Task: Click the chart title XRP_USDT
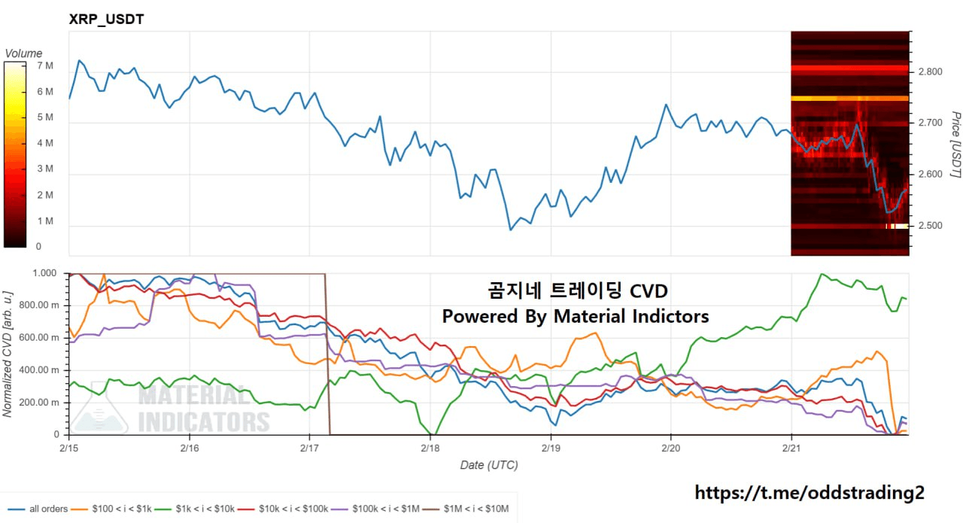[105, 20]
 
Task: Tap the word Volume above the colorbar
[23, 53]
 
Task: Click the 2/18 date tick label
[430, 447]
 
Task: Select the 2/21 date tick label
[791, 447]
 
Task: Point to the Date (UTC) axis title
[489, 465]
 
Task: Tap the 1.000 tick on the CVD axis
[45, 273]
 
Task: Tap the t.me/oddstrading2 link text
[809, 492]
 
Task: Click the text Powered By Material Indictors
[576, 316]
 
